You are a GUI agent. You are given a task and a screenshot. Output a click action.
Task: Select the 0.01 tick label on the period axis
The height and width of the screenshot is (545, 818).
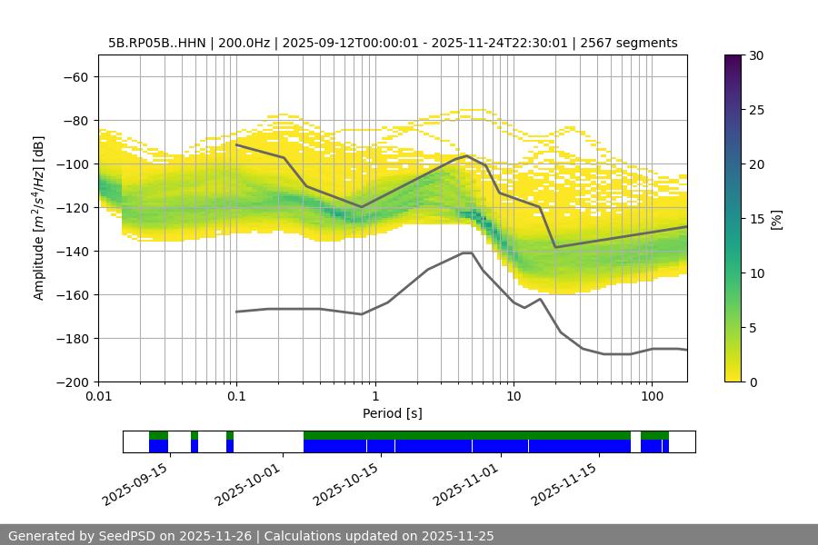[x=98, y=397]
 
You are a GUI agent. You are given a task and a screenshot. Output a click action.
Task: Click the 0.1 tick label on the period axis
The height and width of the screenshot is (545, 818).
[x=236, y=397]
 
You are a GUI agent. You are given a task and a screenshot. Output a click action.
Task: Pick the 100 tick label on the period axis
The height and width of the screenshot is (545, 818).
[x=651, y=397]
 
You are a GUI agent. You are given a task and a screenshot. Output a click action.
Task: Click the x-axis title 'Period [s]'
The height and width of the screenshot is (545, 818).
[x=393, y=413]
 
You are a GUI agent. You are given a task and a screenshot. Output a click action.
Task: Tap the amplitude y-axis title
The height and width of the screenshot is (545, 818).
[x=39, y=218]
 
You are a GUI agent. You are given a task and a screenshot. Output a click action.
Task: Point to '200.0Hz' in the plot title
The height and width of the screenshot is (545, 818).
[x=244, y=43]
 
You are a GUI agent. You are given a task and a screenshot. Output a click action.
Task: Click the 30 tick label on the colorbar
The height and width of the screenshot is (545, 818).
[x=756, y=55]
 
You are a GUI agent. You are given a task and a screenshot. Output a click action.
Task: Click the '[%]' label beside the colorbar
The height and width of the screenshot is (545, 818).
[x=775, y=218]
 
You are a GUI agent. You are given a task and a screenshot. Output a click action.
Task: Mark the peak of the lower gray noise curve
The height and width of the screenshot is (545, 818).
[x=467, y=253]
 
